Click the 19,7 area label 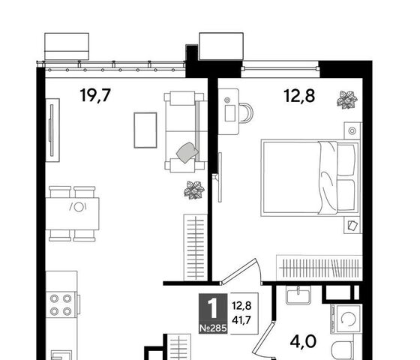click(x=95, y=95)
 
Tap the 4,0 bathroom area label click(x=303, y=342)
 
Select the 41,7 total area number click(x=241, y=320)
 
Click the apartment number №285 click(x=213, y=328)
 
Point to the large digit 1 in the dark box click(x=213, y=308)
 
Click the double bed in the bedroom click(x=310, y=177)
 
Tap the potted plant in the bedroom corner click(x=347, y=100)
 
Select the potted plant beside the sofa click(x=194, y=190)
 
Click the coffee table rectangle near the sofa click(x=145, y=130)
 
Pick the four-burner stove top click(x=61, y=304)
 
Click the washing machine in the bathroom click(x=346, y=319)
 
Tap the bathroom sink click(x=298, y=295)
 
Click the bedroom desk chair click(x=246, y=112)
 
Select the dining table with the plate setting click(x=72, y=214)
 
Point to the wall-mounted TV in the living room click(x=52, y=130)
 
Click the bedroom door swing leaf click(x=239, y=270)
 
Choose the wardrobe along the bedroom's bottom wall click(x=319, y=268)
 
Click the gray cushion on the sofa click(x=187, y=152)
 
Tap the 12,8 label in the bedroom click(x=299, y=96)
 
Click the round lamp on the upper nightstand click(x=352, y=131)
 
